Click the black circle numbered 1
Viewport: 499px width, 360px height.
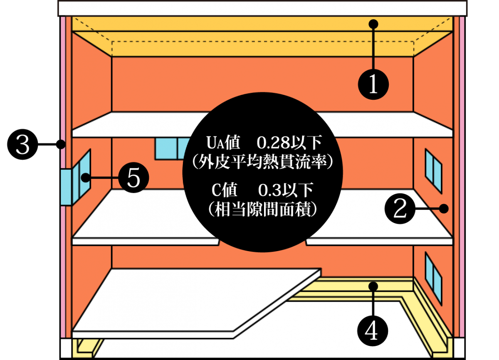[373, 84]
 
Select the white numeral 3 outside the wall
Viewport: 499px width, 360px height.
[22, 145]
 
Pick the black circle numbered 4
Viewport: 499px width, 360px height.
[373, 330]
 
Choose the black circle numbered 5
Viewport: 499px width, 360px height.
[133, 178]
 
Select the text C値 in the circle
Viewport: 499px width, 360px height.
[225, 190]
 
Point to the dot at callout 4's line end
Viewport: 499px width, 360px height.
[373, 286]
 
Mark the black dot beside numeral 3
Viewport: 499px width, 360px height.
[62, 145]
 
